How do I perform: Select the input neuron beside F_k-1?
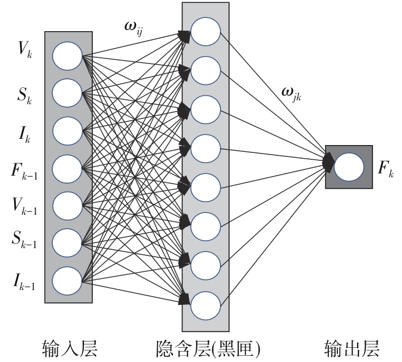pyautogui.click(x=68, y=168)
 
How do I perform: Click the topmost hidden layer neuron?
pyautogui.click(x=205, y=32)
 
